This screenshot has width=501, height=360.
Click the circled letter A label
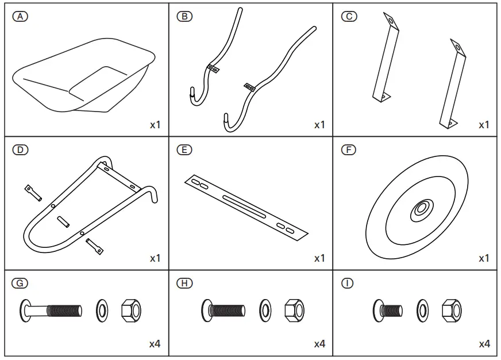pyautogui.click(x=21, y=17)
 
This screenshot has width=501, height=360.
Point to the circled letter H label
pyautogui.click(x=184, y=284)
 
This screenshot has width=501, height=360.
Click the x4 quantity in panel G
pyautogui.click(x=155, y=344)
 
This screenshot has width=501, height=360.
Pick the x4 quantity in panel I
pyautogui.click(x=484, y=344)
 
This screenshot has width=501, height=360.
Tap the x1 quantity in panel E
pyautogui.click(x=319, y=258)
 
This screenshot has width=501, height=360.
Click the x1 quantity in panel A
pyautogui.click(x=155, y=125)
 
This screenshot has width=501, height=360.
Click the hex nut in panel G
pyautogui.click(x=131, y=311)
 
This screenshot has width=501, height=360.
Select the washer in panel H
pyautogui.click(x=266, y=311)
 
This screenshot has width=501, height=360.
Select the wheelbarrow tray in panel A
pyautogui.click(x=83, y=75)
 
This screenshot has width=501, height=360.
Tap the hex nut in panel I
pyautogui.click(x=452, y=311)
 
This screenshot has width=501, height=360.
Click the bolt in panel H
pyautogui.click(x=224, y=311)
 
